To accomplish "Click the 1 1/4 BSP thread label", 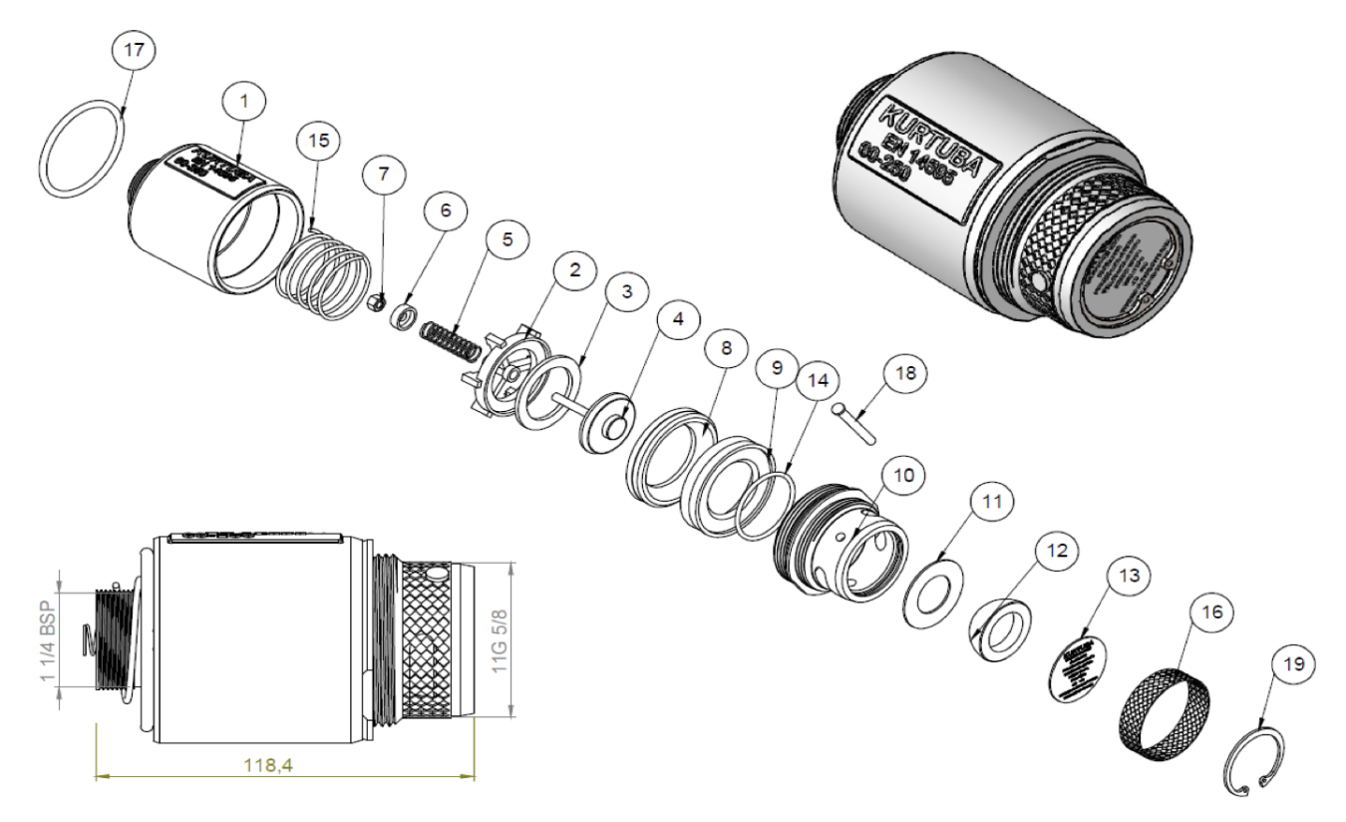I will (x=47, y=627).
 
